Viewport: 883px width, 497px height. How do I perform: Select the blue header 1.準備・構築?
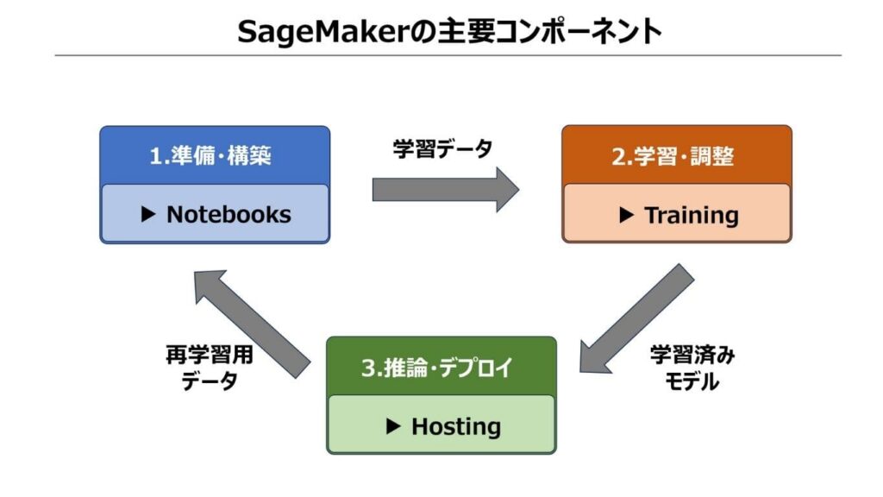(215, 157)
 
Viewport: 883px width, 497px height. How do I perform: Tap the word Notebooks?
(229, 215)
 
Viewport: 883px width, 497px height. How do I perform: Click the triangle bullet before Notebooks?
(148, 215)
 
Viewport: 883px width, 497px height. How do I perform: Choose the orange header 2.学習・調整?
(677, 157)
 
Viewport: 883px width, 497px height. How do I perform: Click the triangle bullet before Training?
(627, 215)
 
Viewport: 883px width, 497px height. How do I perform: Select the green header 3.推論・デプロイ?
(441, 368)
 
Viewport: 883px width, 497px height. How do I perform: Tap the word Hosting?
(455, 426)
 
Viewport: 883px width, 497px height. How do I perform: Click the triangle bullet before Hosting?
(393, 426)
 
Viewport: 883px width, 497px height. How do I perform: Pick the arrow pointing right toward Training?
(445, 189)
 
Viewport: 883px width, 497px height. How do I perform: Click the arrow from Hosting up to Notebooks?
(251, 320)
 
